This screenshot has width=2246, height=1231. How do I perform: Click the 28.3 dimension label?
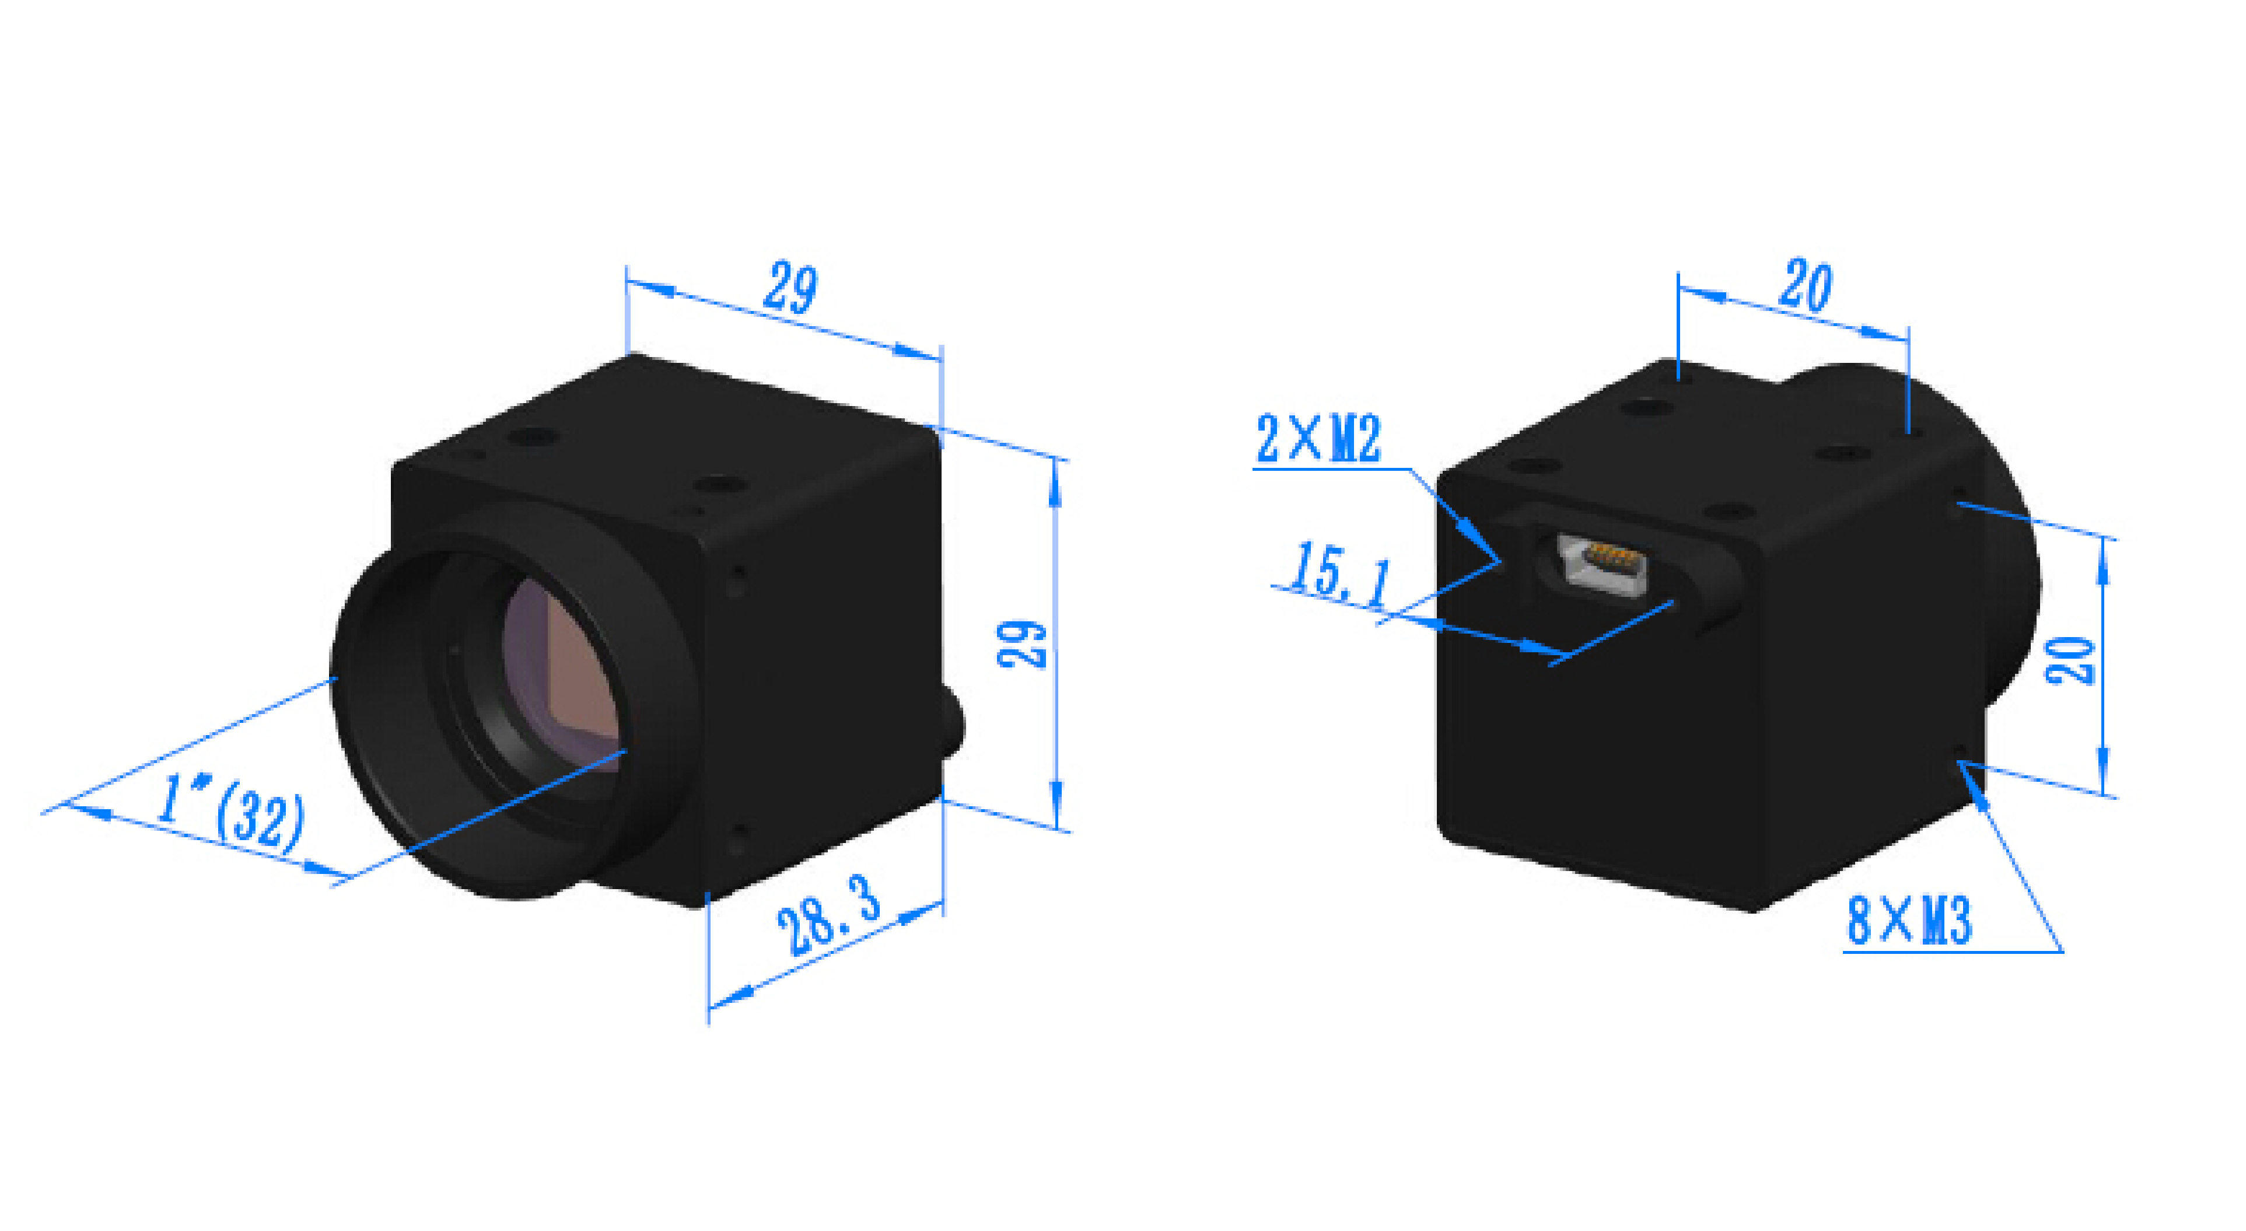point(829,915)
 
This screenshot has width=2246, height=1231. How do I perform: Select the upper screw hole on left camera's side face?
point(737,580)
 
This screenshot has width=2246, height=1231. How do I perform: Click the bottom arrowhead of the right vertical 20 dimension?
point(2104,771)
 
